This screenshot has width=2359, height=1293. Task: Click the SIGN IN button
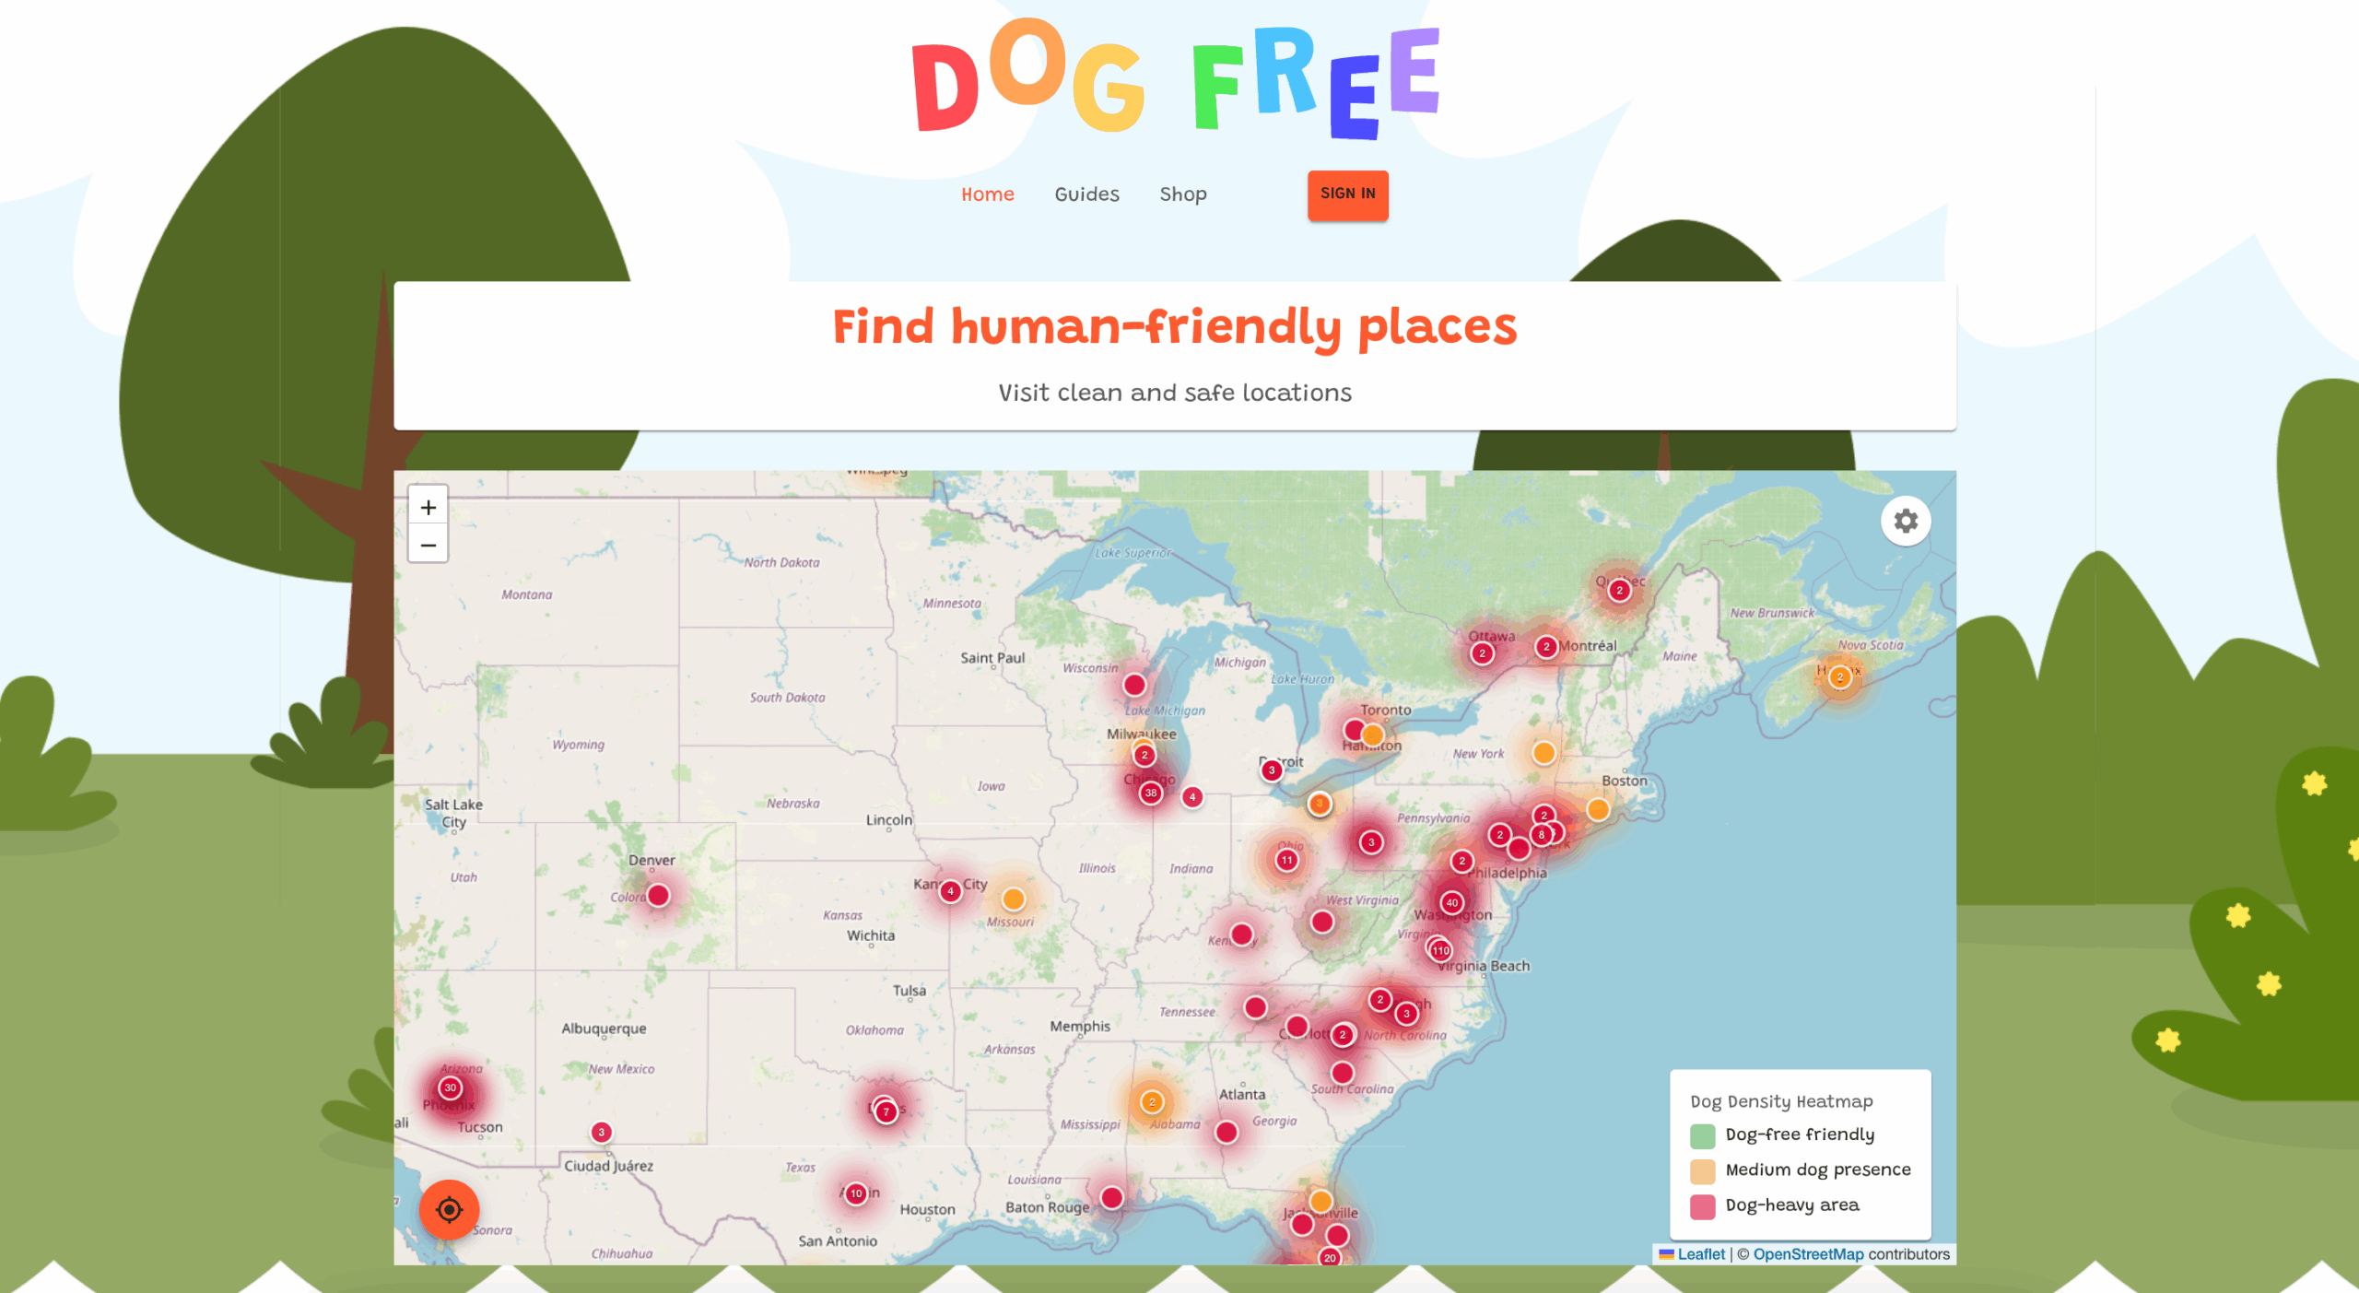1347,194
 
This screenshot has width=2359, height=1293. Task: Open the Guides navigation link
1086,194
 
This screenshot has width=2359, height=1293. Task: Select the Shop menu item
1182,194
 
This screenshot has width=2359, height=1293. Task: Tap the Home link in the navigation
987,194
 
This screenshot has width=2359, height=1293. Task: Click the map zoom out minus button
428,545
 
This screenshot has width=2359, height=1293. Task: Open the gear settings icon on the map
1905,522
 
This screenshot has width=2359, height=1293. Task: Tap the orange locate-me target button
449,1209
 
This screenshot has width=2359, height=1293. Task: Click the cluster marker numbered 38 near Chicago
1150,793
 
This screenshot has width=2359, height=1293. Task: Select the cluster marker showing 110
1440,950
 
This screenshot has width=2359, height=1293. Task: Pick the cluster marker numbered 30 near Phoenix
450,1087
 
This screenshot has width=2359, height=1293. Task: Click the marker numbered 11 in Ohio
1286,860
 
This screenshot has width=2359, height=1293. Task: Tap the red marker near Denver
658,895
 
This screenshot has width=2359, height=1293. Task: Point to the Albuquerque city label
604,1029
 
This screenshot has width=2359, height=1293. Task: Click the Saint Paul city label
992,658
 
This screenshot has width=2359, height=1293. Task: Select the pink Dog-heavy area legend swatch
1702,1206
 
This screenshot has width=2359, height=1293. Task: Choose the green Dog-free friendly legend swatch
1702,1135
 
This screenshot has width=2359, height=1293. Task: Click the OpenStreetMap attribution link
1807,1254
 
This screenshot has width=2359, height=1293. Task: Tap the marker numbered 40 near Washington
1451,902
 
